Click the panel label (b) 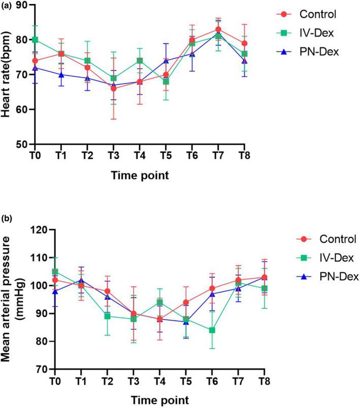8,219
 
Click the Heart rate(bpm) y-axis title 7,75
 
